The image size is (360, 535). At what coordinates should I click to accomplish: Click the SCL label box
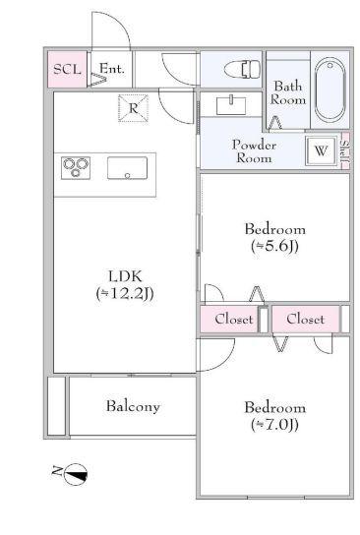tap(67, 69)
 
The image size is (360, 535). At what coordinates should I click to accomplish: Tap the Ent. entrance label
tap(111, 69)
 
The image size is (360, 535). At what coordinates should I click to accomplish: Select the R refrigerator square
tap(133, 107)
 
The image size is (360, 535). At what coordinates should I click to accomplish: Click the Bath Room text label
tap(288, 92)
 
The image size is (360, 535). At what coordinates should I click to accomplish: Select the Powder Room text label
tap(253, 151)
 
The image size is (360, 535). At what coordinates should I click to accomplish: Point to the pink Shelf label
tap(345, 151)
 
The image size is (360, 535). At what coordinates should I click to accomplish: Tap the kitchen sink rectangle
tap(127, 167)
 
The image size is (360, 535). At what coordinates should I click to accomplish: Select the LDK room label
tap(124, 275)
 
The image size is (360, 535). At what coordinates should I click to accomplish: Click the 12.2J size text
tap(124, 293)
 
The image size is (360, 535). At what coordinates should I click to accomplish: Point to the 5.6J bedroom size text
tap(274, 247)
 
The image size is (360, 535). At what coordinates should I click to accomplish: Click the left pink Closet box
tap(233, 320)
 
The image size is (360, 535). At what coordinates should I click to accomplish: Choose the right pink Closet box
tap(305, 320)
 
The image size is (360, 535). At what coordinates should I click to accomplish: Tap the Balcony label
tap(133, 406)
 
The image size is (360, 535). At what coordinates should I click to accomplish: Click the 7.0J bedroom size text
tap(274, 425)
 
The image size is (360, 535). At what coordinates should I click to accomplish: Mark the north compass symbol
tap(75, 474)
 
